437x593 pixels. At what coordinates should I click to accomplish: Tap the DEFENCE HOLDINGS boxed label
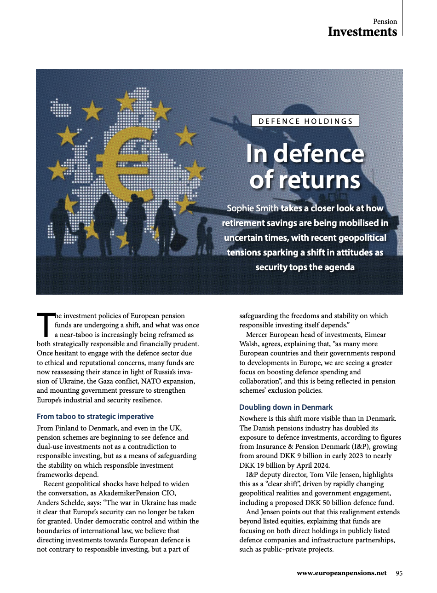coord(305,121)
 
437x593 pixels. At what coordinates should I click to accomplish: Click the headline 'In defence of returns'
coord(305,167)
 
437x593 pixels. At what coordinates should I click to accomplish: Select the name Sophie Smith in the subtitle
coord(253,209)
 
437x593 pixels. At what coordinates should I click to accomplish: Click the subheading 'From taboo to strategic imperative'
coord(95,417)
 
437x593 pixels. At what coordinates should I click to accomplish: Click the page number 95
coord(399,573)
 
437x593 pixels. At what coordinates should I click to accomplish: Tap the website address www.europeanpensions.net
coord(342,573)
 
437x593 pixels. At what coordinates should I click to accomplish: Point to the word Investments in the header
coord(362,32)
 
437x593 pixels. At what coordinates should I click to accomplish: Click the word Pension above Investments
coord(385,22)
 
